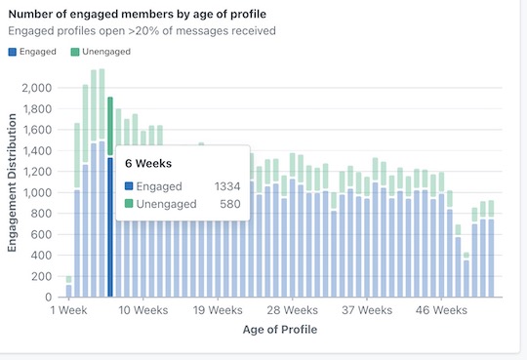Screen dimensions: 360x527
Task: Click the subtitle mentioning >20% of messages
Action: tap(142, 30)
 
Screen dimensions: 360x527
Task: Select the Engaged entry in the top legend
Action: tap(32, 51)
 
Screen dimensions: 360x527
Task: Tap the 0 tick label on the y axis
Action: tap(47, 297)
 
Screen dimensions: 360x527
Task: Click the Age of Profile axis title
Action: tap(279, 330)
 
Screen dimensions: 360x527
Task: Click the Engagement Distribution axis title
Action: tap(13, 182)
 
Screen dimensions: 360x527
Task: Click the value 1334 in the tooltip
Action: tap(228, 185)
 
